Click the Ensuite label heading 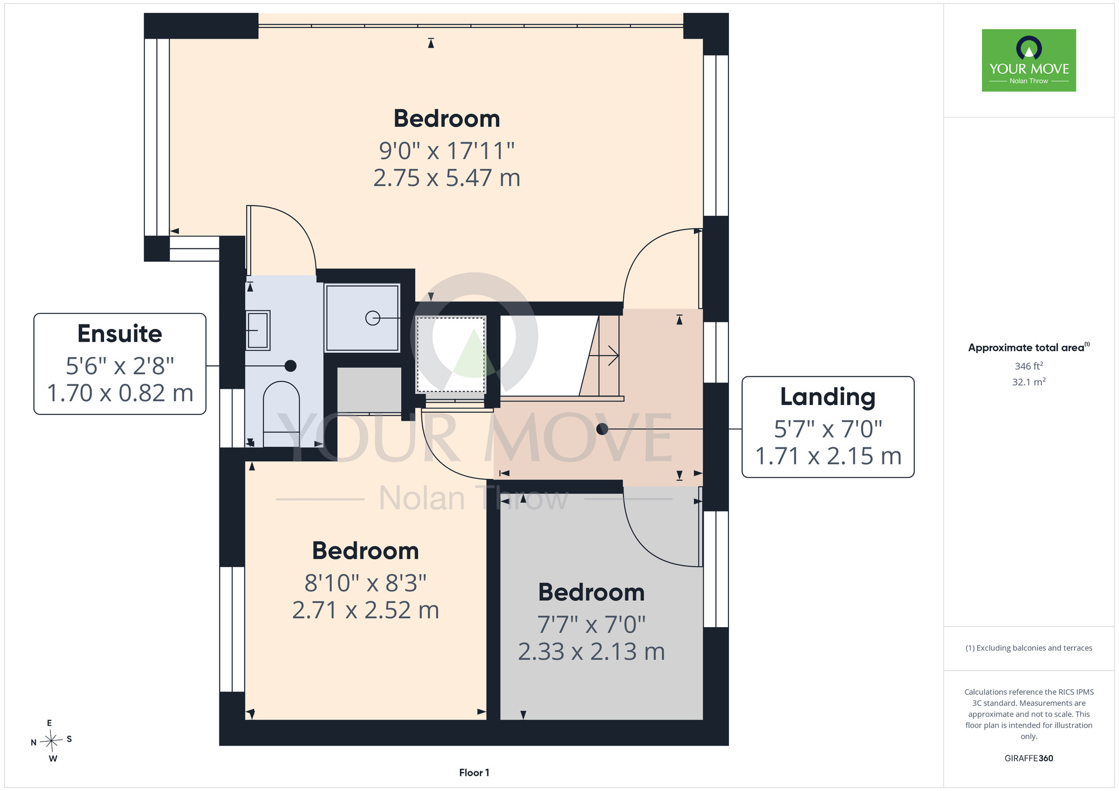(x=120, y=334)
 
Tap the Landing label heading (x=828, y=397)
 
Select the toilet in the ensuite (x=281, y=414)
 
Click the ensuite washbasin (x=258, y=330)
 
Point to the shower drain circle (x=373, y=318)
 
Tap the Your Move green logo (x=1029, y=60)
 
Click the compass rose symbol (x=51, y=741)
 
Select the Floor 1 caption (x=474, y=773)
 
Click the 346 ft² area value (x=1029, y=366)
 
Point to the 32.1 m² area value (x=1029, y=382)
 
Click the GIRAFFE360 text (x=1029, y=759)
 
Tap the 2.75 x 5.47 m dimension (x=446, y=178)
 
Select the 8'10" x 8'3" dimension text (x=365, y=583)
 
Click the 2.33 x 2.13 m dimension (x=591, y=652)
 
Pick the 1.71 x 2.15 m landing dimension (x=828, y=456)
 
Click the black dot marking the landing (x=602, y=429)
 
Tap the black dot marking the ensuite (x=290, y=366)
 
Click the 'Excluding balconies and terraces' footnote (x=1029, y=648)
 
